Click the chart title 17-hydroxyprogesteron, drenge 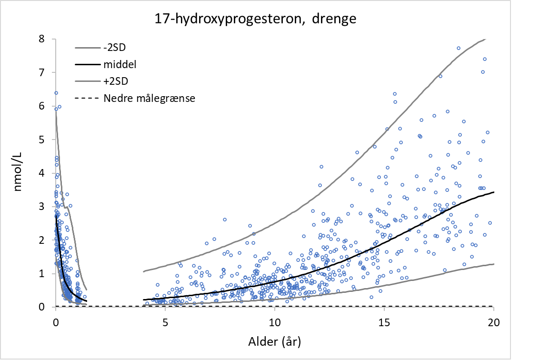(x=255, y=19)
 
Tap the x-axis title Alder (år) (x=275, y=341)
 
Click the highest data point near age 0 (x=56, y=93)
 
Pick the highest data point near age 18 (x=459, y=48)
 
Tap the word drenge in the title (x=333, y=19)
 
